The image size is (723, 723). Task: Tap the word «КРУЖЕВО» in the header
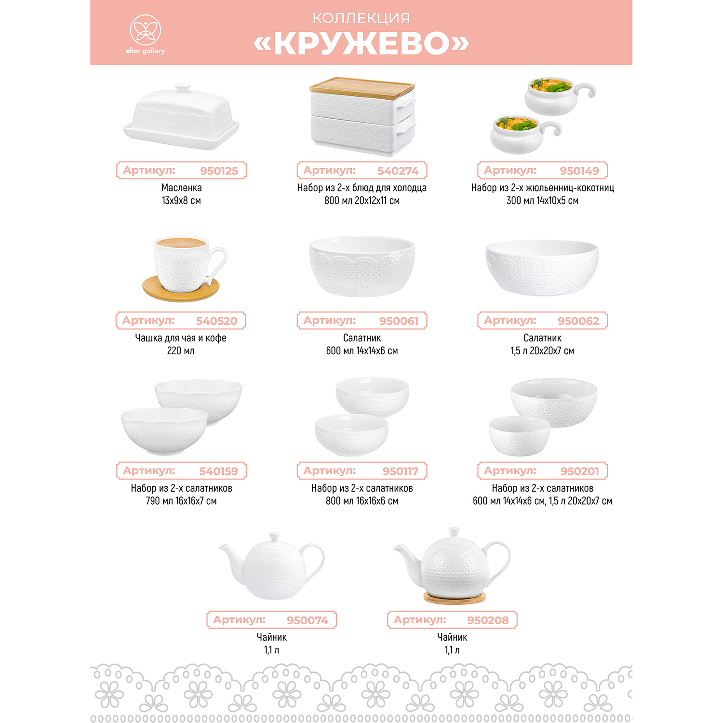pos(361,43)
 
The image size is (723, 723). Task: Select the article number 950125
pos(219,171)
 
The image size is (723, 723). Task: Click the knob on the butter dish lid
pos(183,88)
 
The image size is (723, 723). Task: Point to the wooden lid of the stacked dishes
pos(362,86)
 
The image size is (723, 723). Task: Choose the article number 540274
pos(398,171)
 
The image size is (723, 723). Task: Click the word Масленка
pos(181,187)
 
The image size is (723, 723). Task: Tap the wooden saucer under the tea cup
pos(181,288)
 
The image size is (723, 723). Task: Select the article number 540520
pos(217,321)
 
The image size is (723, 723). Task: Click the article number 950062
pos(578,321)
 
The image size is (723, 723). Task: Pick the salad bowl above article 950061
pos(362,266)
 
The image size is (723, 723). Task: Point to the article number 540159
pos(219,471)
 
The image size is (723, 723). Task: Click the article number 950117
pos(401,471)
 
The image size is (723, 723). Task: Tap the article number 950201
pos(580,471)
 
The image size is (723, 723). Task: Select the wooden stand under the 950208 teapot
pos(455,598)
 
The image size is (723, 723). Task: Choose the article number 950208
pos(488,620)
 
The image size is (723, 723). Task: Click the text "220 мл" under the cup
pos(181,351)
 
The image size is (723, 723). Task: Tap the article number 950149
pos(579,171)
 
